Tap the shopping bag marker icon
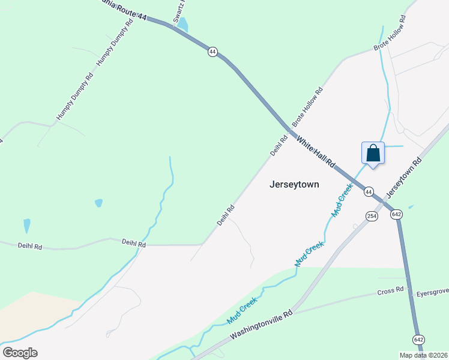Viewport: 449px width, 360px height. pos(373,153)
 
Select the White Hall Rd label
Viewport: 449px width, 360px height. pos(315,154)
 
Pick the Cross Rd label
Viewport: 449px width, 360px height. pos(390,292)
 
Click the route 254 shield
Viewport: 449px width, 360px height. pos(372,216)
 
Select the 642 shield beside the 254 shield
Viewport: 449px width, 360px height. pos(396,214)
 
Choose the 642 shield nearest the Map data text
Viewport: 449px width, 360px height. pos(418,339)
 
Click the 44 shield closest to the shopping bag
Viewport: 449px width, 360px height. pos(369,191)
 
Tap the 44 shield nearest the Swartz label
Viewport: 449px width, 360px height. pos(212,52)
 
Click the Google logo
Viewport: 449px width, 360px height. pos(20,352)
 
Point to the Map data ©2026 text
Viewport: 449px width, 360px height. pos(423,355)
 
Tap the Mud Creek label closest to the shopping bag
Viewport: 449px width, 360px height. pos(342,201)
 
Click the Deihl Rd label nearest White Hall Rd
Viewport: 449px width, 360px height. pos(276,145)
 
